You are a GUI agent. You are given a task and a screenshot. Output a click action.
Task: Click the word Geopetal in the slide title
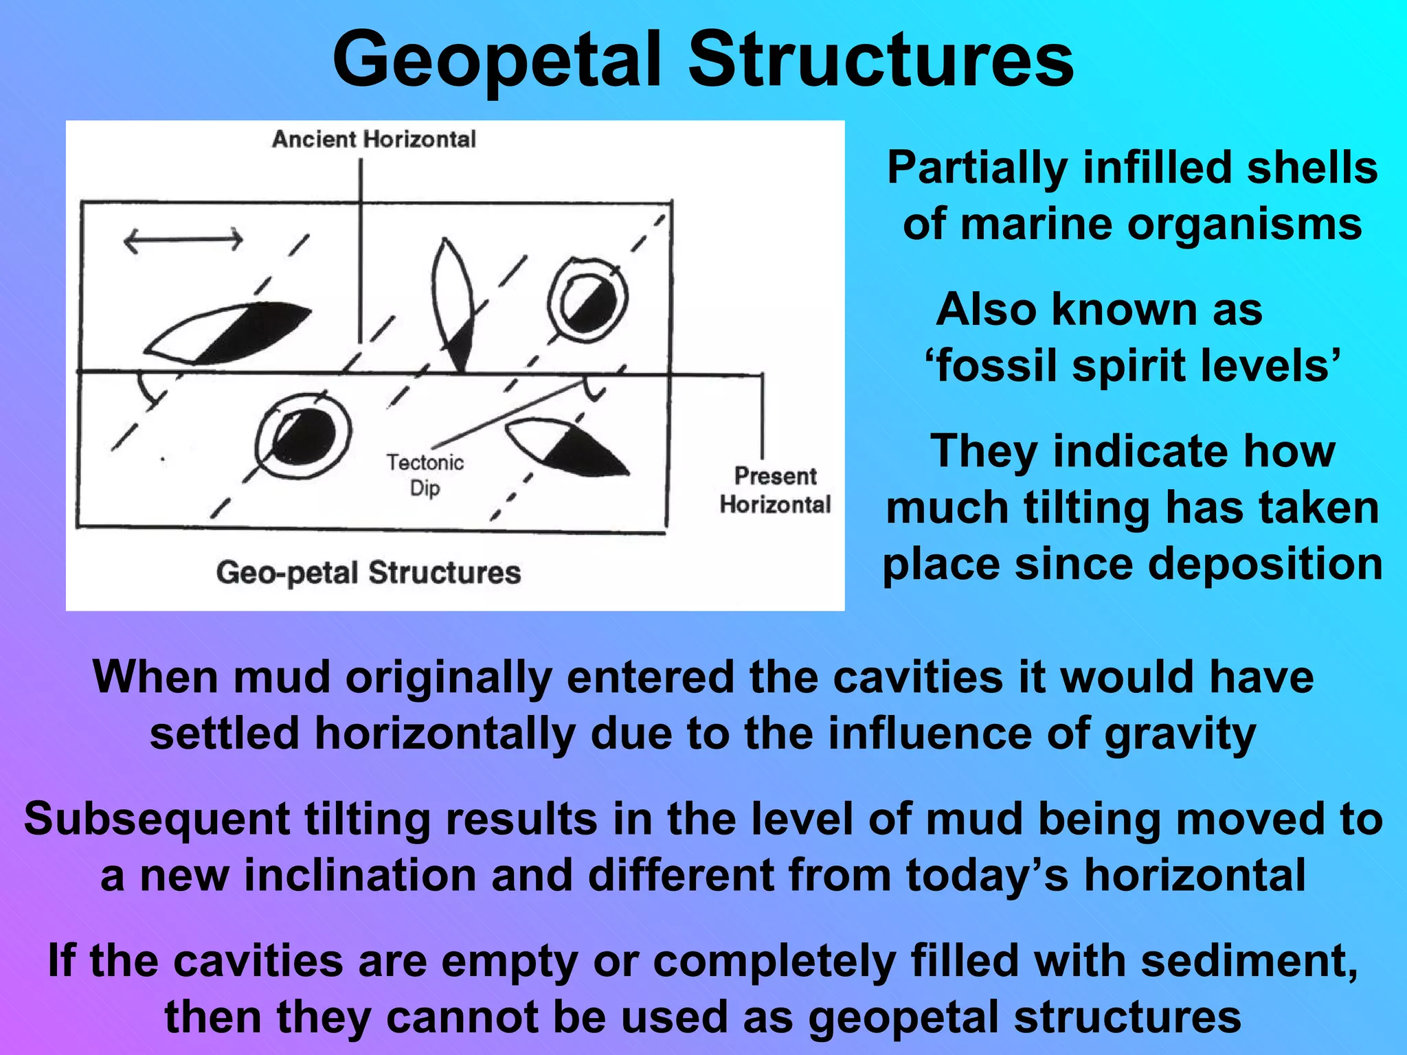coord(497,60)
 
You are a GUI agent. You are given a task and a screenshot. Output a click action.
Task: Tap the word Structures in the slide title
coord(881,60)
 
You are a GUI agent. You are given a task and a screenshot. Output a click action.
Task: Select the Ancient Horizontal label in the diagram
coord(374,139)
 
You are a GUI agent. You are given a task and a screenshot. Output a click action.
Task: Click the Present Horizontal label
coord(775,490)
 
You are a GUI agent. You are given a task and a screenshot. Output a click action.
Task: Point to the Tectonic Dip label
coord(425,475)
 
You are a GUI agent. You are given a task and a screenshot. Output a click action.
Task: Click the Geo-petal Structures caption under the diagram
coord(368,572)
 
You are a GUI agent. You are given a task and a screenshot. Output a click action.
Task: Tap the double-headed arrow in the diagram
coord(183,240)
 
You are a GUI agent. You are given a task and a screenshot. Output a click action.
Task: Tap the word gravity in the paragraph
coord(1180,734)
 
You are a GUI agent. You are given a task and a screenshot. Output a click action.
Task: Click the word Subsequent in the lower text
coord(157,819)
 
